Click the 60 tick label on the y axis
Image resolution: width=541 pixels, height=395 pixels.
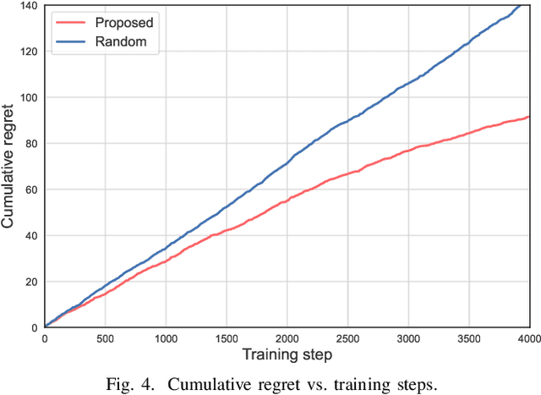coord(29,189)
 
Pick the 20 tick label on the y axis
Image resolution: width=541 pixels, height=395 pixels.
coord(29,282)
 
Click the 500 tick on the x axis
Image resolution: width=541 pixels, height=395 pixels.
coord(105,337)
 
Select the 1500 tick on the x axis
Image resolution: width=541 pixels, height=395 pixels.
coord(226,337)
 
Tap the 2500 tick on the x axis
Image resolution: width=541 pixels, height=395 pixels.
coord(347,337)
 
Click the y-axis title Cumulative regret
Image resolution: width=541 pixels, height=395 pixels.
coord(8,166)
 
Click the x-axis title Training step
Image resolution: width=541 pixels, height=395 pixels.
coord(286,354)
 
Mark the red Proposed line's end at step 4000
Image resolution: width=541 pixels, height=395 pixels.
coord(528,117)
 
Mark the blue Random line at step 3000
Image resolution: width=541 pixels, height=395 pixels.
coord(407,84)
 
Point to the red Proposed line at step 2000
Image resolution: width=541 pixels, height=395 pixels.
coord(287,199)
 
